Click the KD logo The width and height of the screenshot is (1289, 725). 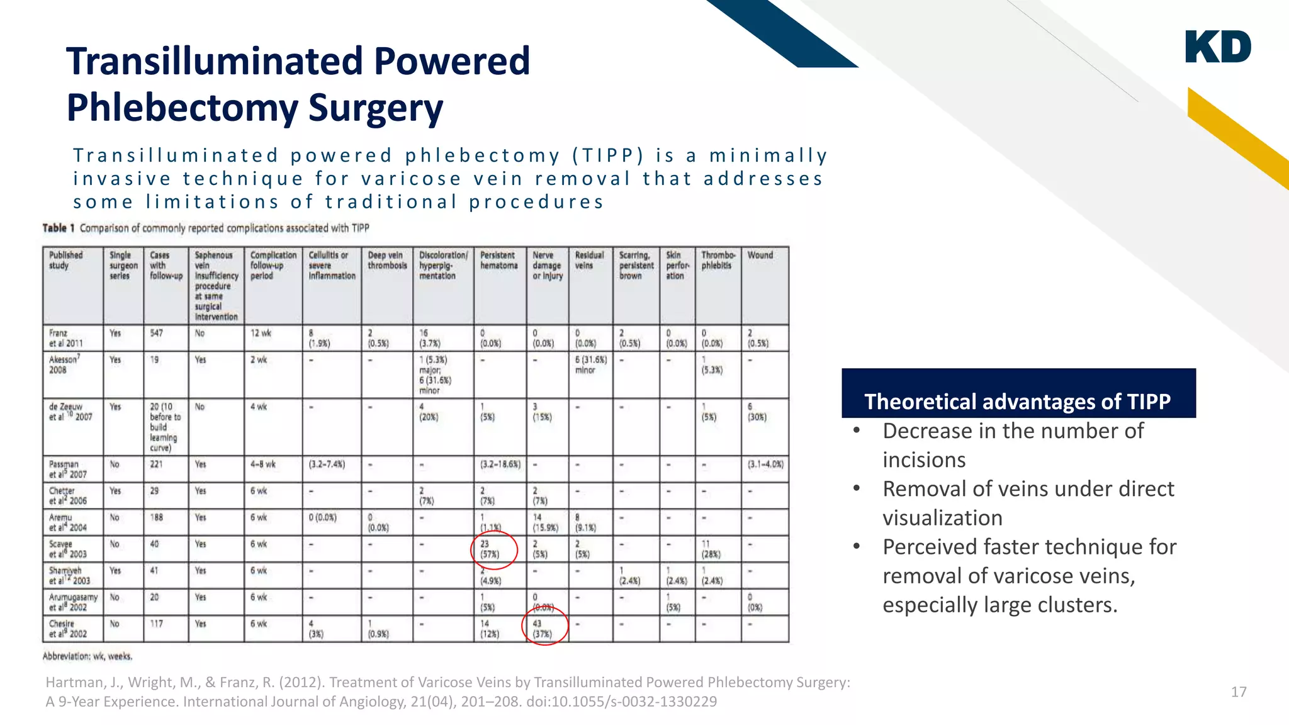[1218, 47]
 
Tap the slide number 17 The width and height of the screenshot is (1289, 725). [1239, 692]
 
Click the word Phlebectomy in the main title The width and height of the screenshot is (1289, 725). [182, 108]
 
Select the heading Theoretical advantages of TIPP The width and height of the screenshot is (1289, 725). [1017, 402]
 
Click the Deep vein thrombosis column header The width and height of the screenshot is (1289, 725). [386, 261]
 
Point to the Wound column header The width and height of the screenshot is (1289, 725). [760, 256]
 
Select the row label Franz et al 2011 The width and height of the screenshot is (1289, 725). [66, 338]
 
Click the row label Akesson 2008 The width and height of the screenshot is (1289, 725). [64, 364]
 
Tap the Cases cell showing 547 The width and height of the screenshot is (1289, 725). [157, 333]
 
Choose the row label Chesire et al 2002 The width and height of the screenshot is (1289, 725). [67, 629]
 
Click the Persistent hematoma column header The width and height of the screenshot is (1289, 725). [498, 261]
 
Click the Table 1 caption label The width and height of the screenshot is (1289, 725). [59, 228]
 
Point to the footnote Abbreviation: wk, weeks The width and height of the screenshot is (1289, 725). [87, 656]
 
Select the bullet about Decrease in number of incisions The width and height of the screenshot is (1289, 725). [1012, 445]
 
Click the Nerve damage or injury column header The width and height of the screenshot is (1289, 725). [547, 266]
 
